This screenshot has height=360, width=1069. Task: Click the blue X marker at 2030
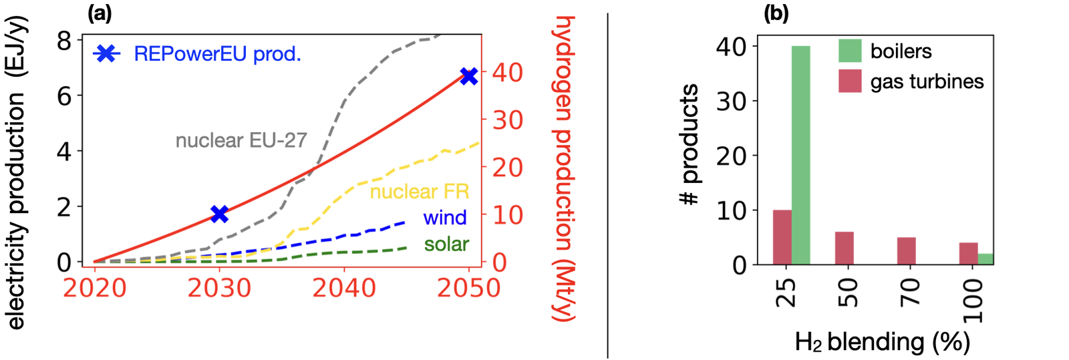point(219,214)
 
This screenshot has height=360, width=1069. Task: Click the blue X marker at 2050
point(469,76)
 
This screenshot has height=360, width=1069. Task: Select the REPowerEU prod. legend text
point(217,54)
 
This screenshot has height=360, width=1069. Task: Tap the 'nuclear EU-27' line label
point(241,140)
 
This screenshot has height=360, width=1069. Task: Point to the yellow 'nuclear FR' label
point(420,192)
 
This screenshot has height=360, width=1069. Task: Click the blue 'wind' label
point(445,218)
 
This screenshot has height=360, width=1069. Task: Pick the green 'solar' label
point(446,244)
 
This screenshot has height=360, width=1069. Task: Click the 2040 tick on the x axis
point(344,288)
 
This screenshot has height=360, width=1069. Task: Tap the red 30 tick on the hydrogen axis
point(508,120)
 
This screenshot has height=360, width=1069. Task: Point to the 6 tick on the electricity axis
point(64,96)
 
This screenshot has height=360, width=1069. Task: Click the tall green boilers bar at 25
point(801,155)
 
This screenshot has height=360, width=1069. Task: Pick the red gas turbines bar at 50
point(845,248)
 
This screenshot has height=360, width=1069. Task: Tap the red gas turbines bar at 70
point(907,250)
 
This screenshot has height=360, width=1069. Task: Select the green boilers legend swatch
point(850,51)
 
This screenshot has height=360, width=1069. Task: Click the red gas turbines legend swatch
point(850,81)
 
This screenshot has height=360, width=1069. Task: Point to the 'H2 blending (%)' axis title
point(882,342)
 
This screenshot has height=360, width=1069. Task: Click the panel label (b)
point(776,13)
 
